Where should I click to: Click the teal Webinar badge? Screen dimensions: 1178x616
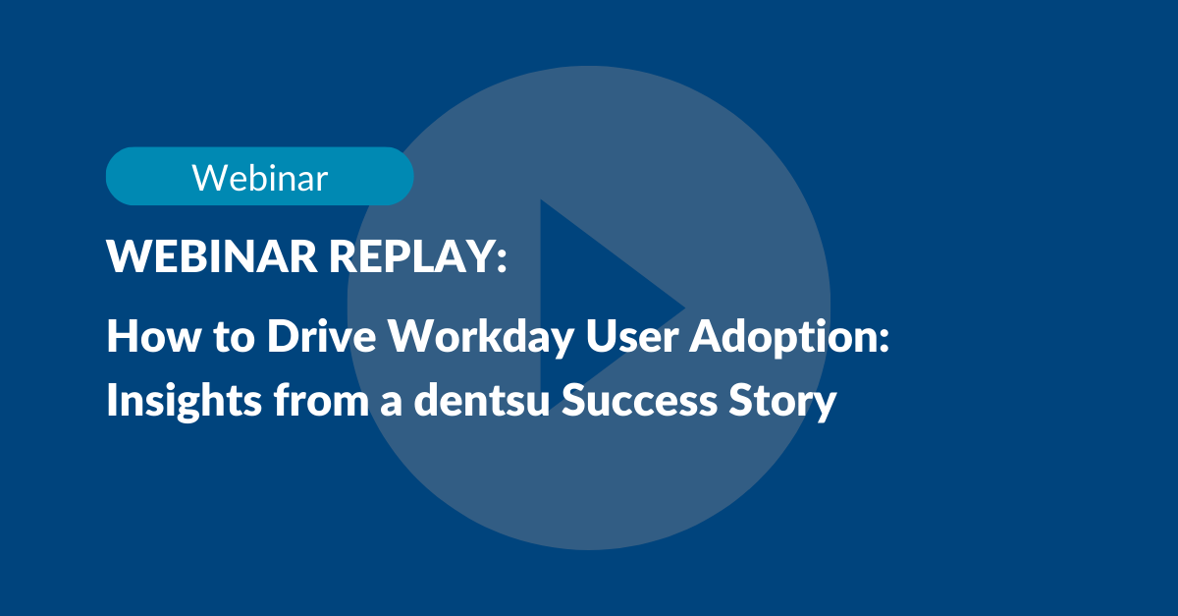click(260, 176)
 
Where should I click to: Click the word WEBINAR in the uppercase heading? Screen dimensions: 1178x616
click(212, 255)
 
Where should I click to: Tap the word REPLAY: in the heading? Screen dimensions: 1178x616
click(417, 255)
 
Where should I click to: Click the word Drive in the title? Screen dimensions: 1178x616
click(321, 336)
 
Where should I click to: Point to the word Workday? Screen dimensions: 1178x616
click(481, 339)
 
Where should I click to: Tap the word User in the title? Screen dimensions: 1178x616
click(631, 336)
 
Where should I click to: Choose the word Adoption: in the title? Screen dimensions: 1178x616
click(789, 339)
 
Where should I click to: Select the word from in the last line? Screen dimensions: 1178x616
click(321, 400)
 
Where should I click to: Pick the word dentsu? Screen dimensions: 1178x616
click(482, 400)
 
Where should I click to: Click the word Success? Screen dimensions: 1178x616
click(639, 400)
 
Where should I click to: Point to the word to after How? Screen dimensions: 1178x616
click(234, 337)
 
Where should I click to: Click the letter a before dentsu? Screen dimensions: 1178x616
click(392, 405)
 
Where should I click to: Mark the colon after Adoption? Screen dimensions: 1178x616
click(884, 341)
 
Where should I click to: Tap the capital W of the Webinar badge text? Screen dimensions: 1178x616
click(211, 178)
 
